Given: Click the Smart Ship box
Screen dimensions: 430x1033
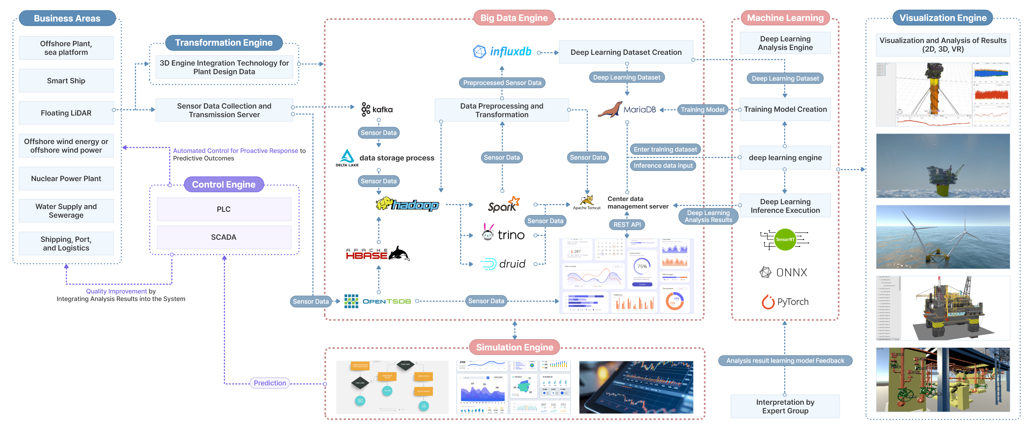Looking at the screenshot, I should pyautogui.click(x=66, y=81).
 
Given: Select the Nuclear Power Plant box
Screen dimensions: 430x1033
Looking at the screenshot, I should pyautogui.click(x=66, y=178).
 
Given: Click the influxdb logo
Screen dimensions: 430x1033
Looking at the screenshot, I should pyautogui.click(x=502, y=52).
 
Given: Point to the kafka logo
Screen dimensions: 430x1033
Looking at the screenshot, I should pyautogui.click(x=377, y=109).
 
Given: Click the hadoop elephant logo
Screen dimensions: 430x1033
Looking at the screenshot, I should pyautogui.click(x=407, y=205).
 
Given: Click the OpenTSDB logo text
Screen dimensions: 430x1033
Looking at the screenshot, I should pyautogui.click(x=386, y=301).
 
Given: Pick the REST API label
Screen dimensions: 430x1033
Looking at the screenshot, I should pyautogui.click(x=627, y=224).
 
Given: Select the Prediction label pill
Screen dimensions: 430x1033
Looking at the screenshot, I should pyautogui.click(x=270, y=383).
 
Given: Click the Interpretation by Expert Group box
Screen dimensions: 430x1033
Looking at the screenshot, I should pyautogui.click(x=785, y=406).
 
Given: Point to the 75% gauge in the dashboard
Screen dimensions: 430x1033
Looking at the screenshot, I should pyautogui.click(x=642, y=266).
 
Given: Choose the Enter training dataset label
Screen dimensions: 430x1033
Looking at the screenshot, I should pyautogui.click(x=665, y=149).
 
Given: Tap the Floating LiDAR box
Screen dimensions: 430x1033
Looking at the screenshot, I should pyautogui.click(x=66, y=113).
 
